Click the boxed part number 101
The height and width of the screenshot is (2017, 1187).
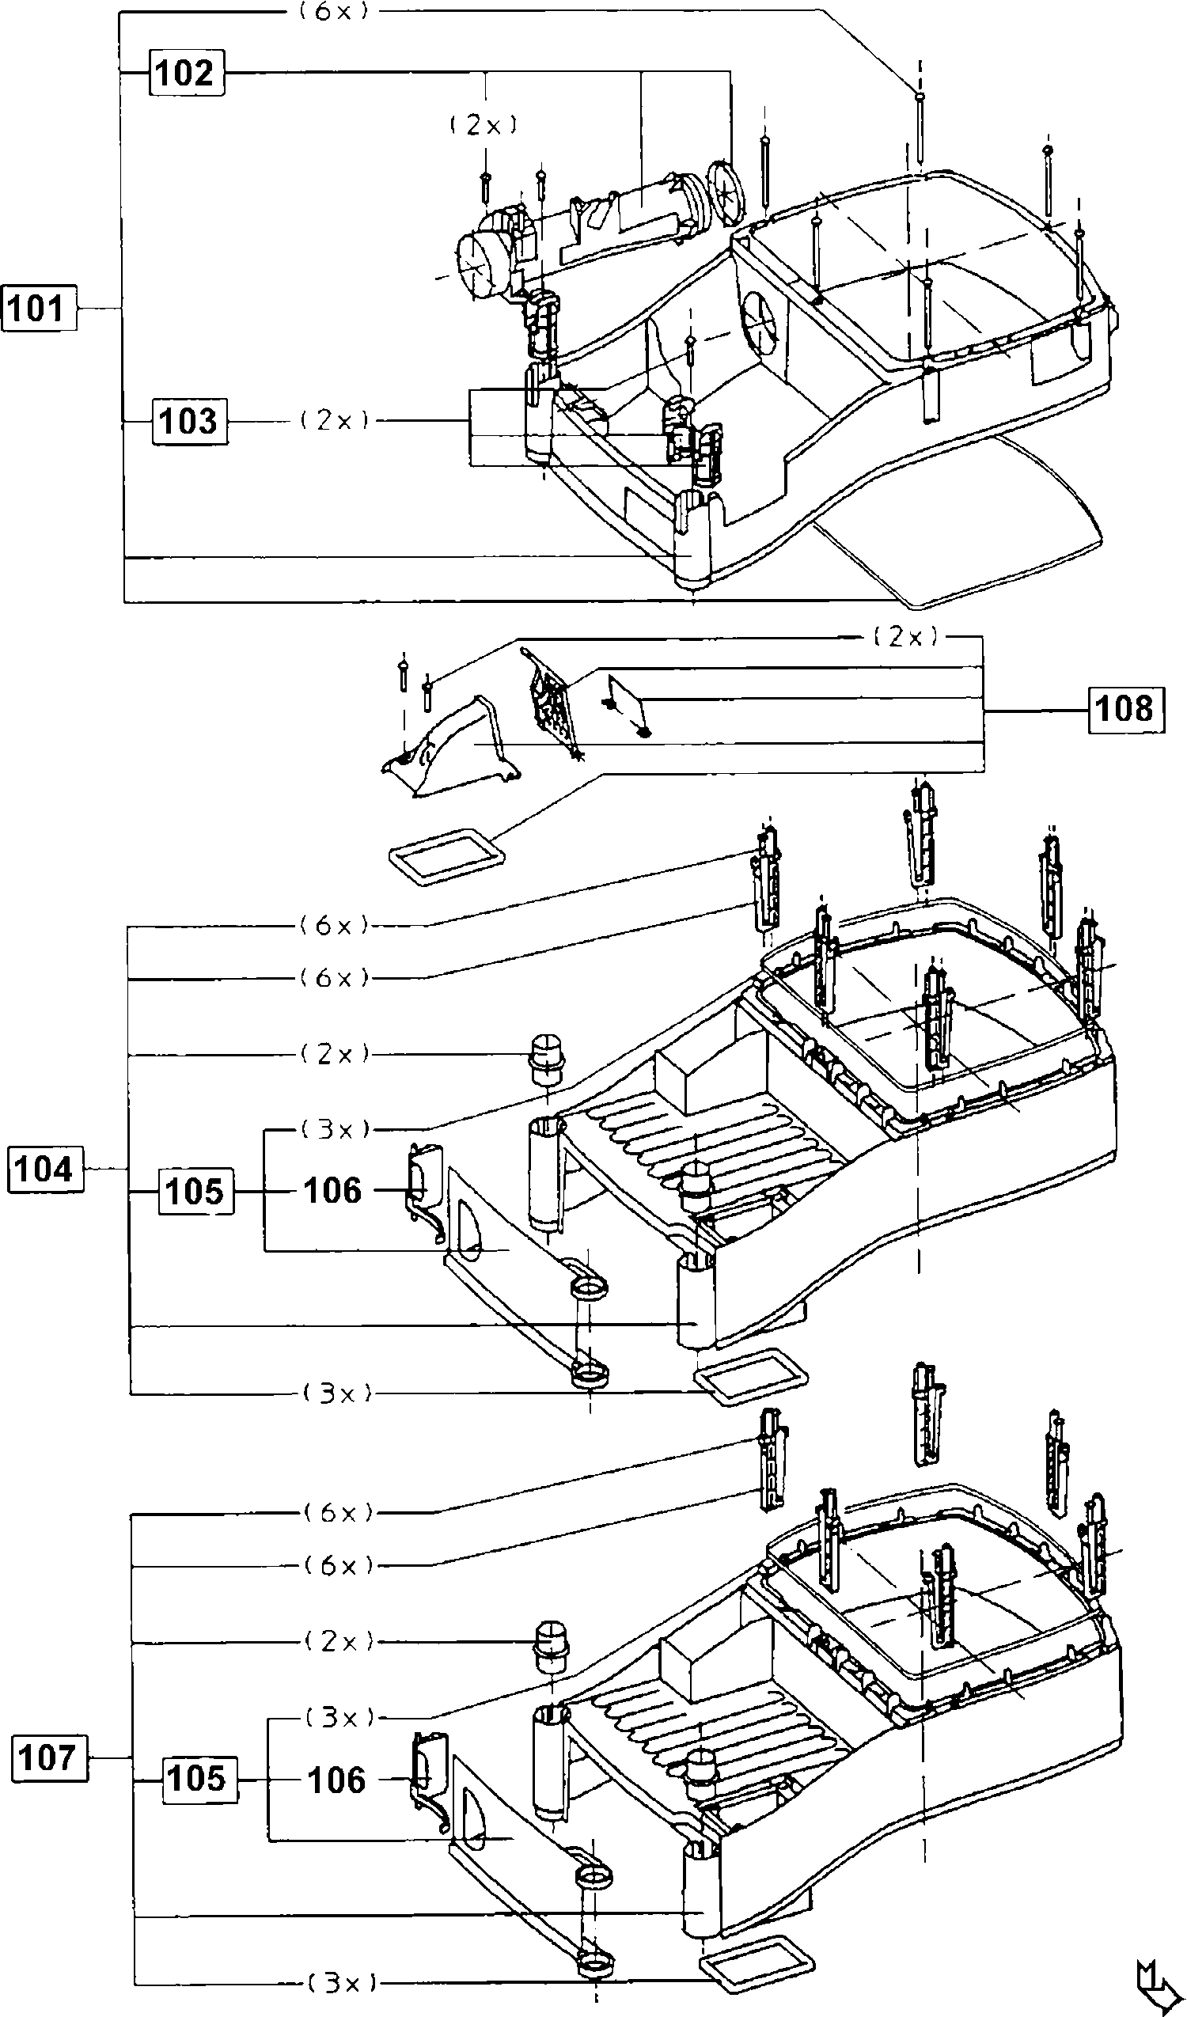click(39, 307)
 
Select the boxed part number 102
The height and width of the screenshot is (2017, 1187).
click(186, 73)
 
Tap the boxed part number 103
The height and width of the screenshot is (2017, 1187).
click(189, 420)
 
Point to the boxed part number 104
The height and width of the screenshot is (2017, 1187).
click(46, 1170)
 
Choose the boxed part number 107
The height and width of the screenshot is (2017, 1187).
click(49, 1757)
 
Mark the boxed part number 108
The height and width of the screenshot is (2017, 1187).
click(1124, 708)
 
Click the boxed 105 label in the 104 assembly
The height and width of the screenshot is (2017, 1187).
click(196, 1191)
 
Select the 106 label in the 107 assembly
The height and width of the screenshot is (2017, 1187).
click(336, 1780)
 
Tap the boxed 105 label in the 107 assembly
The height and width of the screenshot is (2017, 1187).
click(199, 1779)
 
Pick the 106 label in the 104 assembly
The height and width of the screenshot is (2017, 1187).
click(333, 1191)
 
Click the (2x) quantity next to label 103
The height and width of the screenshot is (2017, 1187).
click(335, 420)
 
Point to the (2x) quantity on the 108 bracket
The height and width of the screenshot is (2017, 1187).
click(905, 636)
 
